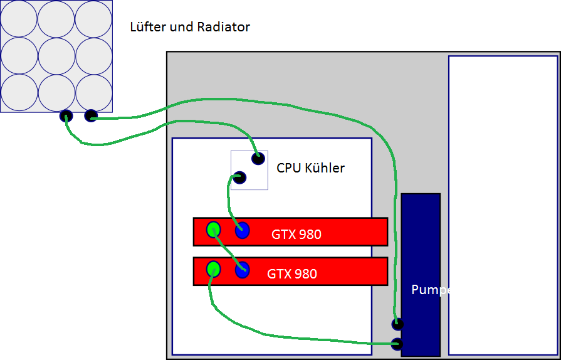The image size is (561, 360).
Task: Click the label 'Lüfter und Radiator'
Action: pyautogui.click(x=190, y=27)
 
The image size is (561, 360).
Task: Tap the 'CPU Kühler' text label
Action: pyautogui.click(x=310, y=168)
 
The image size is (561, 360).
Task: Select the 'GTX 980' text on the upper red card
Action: pyautogui.click(x=296, y=235)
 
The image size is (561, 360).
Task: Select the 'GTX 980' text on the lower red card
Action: pyautogui.click(x=292, y=273)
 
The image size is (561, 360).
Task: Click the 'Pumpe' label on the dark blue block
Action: pyautogui.click(x=431, y=290)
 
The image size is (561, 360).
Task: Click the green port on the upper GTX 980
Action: pyautogui.click(x=214, y=230)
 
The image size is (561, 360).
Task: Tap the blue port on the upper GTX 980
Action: pyautogui.click(x=242, y=230)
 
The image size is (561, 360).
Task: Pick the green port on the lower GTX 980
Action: pyautogui.click(x=214, y=269)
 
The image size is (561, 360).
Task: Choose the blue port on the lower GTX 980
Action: pyautogui.click(x=242, y=270)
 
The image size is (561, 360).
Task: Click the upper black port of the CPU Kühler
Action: pyautogui.click(x=258, y=159)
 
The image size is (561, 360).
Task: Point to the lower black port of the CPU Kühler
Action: pyautogui.click(x=239, y=177)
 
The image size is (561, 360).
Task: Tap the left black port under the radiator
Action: pyautogui.click(x=66, y=116)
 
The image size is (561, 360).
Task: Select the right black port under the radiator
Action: pyautogui.click(x=91, y=115)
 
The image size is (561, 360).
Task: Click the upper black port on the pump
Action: pyautogui.click(x=397, y=324)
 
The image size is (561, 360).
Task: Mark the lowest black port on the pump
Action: pyautogui.click(x=397, y=344)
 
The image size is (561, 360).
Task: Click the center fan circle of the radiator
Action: pyautogui.click(x=56, y=56)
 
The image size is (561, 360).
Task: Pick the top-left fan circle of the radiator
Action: pyautogui.click(x=19, y=19)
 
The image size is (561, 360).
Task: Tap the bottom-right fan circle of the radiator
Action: pyautogui.click(x=94, y=93)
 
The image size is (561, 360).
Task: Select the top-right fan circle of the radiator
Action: pyautogui.click(x=94, y=19)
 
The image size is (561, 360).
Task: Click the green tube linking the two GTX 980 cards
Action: pyautogui.click(x=229, y=250)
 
